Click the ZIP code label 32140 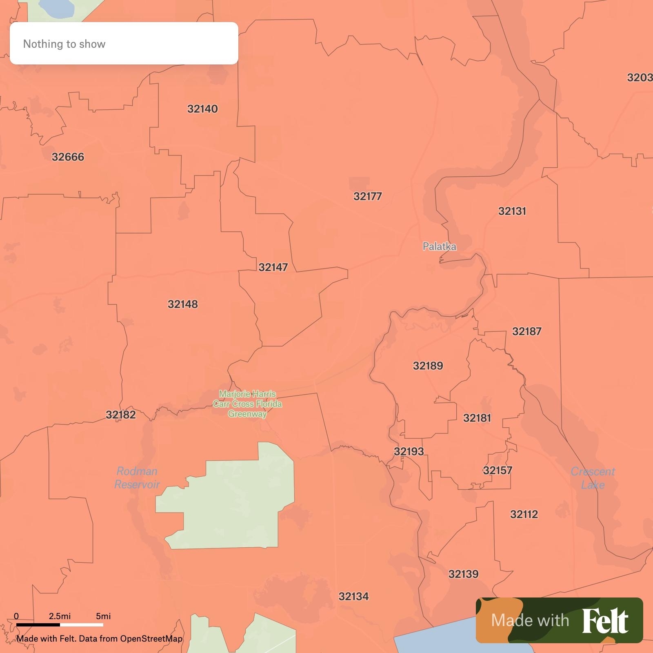pyautogui.click(x=202, y=109)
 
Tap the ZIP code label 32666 pyautogui.click(x=68, y=157)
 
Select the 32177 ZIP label pyautogui.click(x=367, y=196)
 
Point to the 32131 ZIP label pyautogui.click(x=512, y=211)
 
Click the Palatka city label pyautogui.click(x=439, y=247)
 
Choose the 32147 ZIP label pyautogui.click(x=273, y=267)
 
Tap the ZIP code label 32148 pyautogui.click(x=182, y=304)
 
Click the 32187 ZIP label pyautogui.click(x=526, y=331)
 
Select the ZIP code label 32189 pyautogui.click(x=428, y=366)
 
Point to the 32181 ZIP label pyautogui.click(x=477, y=418)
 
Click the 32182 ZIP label pyautogui.click(x=120, y=415)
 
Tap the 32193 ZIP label pyautogui.click(x=409, y=451)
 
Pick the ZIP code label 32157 pyautogui.click(x=497, y=471)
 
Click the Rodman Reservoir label pyautogui.click(x=137, y=478)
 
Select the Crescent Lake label pyautogui.click(x=593, y=478)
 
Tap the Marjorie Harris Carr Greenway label pyautogui.click(x=247, y=404)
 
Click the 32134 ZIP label pyautogui.click(x=353, y=597)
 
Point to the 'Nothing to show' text pyautogui.click(x=64, y=44)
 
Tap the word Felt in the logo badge pyautogui.click(x=605, y=621)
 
